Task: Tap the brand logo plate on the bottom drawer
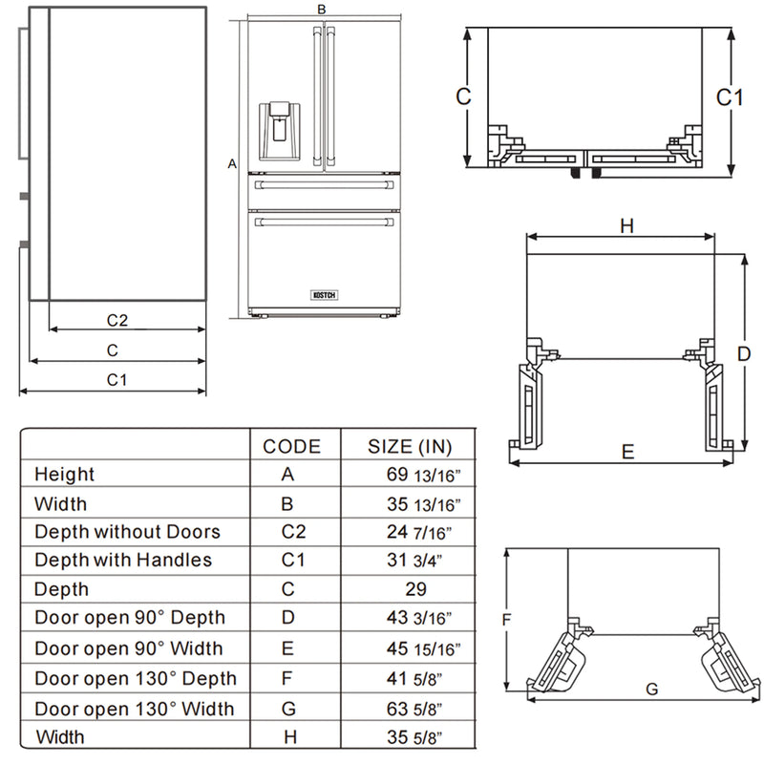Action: pos(323,295)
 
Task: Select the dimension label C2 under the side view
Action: pos(117,319)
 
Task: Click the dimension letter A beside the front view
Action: pos(231,164)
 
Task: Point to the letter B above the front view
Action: pos(322,9)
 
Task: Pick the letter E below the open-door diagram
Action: pos(627,452)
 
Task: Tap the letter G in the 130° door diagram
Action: pos(651,688)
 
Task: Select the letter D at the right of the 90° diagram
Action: pos(743,353)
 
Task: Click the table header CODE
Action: pos(291,446)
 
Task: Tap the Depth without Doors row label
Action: pos(127,532)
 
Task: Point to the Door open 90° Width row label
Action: pos(128,648)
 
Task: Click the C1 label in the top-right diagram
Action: pos(730,97)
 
